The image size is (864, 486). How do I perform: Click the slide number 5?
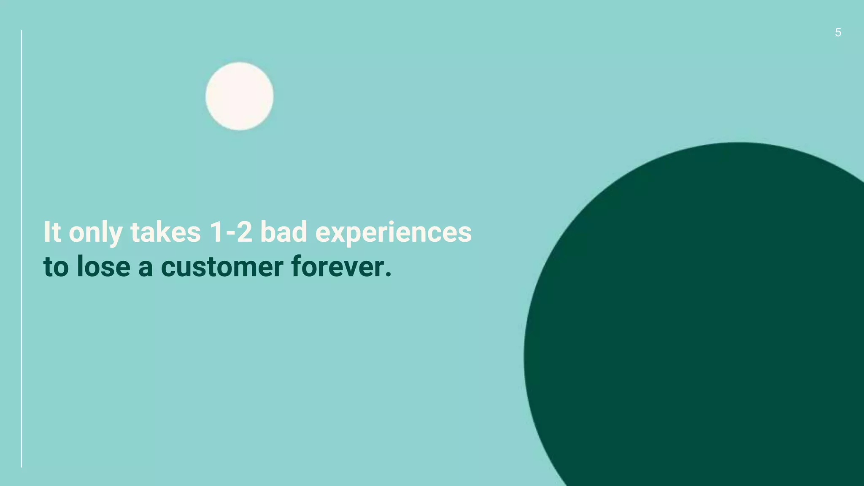pyautogui.click(x=838, y=32)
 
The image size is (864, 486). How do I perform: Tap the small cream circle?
pyautogui.click(x=239, y=96)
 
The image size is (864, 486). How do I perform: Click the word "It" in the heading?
pyautogui.click(x=52, y=232)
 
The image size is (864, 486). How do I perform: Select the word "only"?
pyautogui.click(x=95, y=233)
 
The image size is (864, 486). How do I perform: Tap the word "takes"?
pyautogui.click(x=165, y=232)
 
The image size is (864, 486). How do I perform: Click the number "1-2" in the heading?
pyautogui.click(x=231, y=232)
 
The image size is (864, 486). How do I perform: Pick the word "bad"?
pyautogui.click(x=283, y=232)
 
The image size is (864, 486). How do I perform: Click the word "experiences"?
pyautogui.click(x=393, y=233)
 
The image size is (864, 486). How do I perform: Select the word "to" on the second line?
pyautogui.click(x=56, y=267)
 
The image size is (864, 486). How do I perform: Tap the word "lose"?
pyautogui.click(x=103, y=267)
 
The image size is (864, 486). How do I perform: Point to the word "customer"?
pyautogui.click(x=222, y=267)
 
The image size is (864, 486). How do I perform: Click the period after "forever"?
pyautogui.click(x=388, y=275)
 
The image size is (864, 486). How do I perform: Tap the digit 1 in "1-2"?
pyautogui.click(x=216, y=232)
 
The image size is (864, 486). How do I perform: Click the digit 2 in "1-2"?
pyautogui.click(x=245, y=232)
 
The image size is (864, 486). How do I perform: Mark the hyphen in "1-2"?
pyautogui.click(x=230, y=234)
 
